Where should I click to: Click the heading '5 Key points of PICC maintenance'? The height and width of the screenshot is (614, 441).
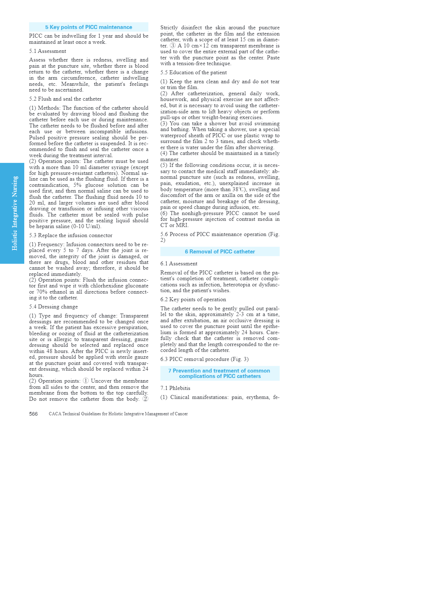(89, 27)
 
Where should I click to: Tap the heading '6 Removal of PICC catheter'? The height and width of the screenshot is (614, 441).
(220, 252)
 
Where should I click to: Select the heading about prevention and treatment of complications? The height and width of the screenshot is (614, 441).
(219, 373)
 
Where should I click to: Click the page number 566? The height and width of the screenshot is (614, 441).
(33, 414)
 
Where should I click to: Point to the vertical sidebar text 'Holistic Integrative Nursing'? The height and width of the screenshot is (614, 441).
(14, 213)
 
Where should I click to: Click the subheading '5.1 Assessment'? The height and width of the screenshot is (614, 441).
(47, 51)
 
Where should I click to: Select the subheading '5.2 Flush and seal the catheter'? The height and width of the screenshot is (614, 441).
(65, 99)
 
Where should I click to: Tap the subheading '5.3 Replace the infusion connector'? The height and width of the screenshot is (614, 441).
(71, 235)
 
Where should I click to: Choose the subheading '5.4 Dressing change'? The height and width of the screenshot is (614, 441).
(53, 307)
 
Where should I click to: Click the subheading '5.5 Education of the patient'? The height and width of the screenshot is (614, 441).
(193, 72)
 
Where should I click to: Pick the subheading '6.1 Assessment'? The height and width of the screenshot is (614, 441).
(179, 264)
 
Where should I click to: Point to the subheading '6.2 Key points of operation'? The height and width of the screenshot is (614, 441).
(193, 299)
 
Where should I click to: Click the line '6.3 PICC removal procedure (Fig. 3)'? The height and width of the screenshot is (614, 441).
(204, 359)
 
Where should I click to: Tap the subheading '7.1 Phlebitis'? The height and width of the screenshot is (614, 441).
(175, 388)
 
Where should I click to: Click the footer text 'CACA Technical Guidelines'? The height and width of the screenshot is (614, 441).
(118, 414)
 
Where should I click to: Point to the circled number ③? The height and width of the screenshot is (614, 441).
(173, 46)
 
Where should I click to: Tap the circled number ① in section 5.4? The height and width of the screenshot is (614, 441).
(85, 381)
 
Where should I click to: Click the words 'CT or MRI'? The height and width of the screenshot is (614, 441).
(174, 225)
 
